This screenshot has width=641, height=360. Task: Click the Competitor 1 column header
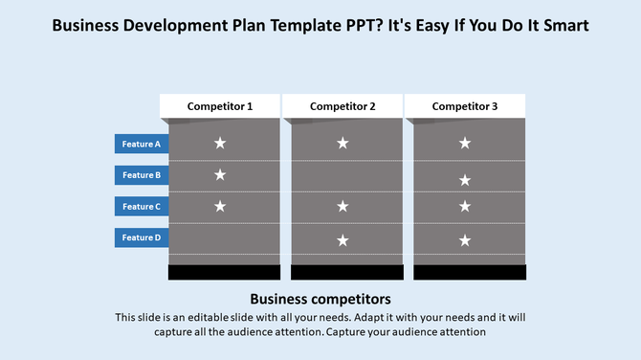pyautogui.click(x=220, y=106)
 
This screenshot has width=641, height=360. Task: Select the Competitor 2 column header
pyautogui.click(x=343, y=106)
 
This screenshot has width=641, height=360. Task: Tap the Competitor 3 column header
pyautogui.click(x=465, y=106)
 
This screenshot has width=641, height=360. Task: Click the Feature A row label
pyautogui.click(x=142, y=144)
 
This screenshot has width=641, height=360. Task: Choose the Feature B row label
pyautogui.click(x=142, y=175)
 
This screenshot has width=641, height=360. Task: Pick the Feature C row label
pyautogui.click(x=142, y=206)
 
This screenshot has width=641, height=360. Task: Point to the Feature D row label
pyautogui.click(x=142, y=237)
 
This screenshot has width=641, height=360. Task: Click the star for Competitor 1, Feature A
pyautogui.click(x=220, y=143)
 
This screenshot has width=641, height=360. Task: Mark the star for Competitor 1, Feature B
pyautogui.click(x=220, y=174)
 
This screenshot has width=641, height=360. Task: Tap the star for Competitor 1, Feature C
pyautogui.click(x=220, y=206)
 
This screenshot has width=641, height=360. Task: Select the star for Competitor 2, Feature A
pyautogui.click(x=343, y=143)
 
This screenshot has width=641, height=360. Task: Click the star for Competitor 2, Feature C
pyautogui.click(x=343, y=206)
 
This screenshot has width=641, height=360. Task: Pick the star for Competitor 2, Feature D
pyautogui.click(x=343, y=240)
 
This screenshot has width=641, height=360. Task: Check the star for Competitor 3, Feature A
pyautogui.click(x=465, y=143)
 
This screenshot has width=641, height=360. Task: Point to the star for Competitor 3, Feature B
pyautogui.click(x=465, y=180)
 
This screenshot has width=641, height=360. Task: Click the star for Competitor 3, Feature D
pyautogui.click(x=465, y=240)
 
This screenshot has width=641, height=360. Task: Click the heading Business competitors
pyautogui.click(x=320, y=299)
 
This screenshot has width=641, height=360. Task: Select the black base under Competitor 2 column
pyautogui.click(x=346, y=273)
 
